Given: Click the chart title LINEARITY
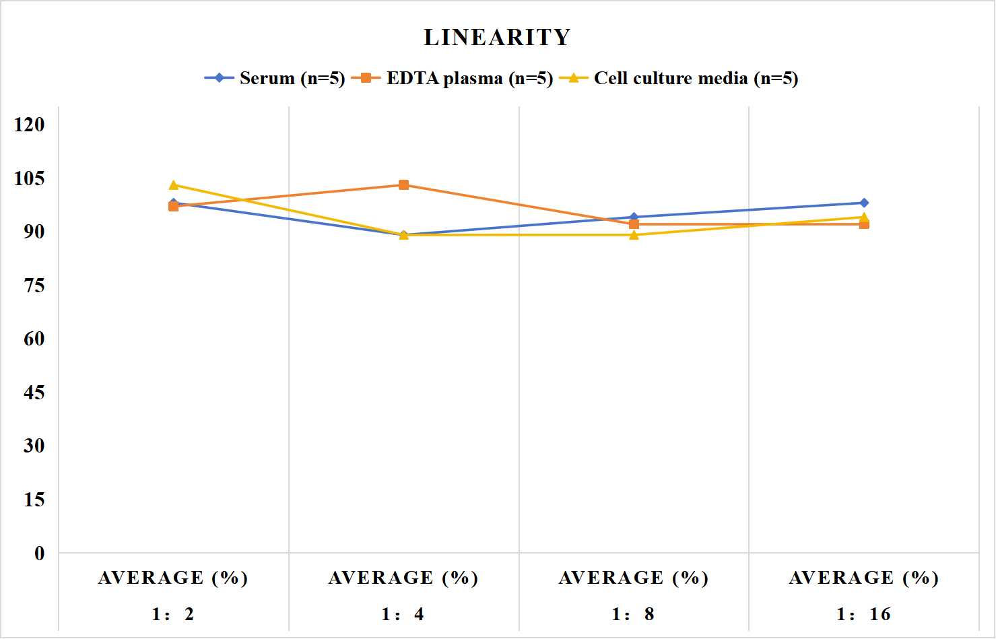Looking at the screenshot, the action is point(497,37).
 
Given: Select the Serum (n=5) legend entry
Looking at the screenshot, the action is point(275,78).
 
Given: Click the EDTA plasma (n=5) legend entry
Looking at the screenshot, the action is point(452,78).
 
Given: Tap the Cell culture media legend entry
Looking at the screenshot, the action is point(679,78).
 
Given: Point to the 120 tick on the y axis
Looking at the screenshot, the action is point(30,125).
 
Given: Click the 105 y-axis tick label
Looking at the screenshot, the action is point(30,178).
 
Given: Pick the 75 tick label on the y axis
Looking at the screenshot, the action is point(34,285).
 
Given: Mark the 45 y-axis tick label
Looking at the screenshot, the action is point(34,393).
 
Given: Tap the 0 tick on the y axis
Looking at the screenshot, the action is point(40,553).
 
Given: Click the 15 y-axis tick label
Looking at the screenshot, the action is point(34,500).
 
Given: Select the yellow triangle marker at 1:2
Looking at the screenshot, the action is point(174,184).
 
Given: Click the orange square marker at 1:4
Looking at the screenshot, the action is point(404,185).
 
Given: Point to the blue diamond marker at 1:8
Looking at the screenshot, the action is point(634,217).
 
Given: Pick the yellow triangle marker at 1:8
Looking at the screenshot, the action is point(634,234).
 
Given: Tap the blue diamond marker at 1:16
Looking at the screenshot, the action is point(864,203).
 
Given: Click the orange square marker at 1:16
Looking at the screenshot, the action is point(864,224).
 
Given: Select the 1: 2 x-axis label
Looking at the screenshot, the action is point(173,614).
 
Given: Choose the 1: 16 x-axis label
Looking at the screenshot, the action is point(864,614).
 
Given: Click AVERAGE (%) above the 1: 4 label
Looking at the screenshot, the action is point(403,578).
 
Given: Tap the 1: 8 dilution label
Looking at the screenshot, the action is point(633,614).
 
